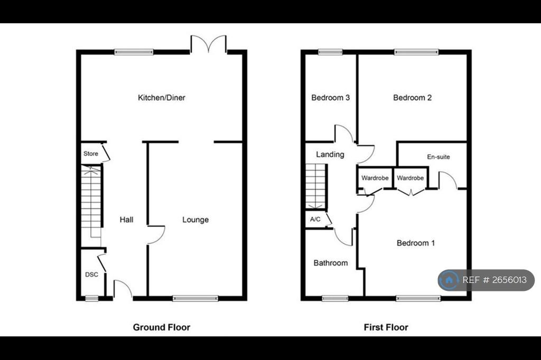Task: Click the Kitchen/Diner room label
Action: point(162,98)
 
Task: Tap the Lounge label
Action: point(195,220)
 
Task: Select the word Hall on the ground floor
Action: point(126,220)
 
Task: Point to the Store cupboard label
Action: point(91,154)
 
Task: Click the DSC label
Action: point(91,274)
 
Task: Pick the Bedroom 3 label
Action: point(331,98)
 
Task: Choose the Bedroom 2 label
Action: point(412,98)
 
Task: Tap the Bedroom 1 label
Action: point(416,243)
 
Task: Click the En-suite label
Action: point(439,157)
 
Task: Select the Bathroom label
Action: point(331,263)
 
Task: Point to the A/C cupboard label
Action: point(315,219)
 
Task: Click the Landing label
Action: point(330,155)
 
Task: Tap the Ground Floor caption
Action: point(162,327)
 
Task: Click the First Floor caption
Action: point(386,327)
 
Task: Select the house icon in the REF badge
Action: point(449,280)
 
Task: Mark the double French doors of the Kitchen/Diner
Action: point(208,44)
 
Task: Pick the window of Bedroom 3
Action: point(330,52)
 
